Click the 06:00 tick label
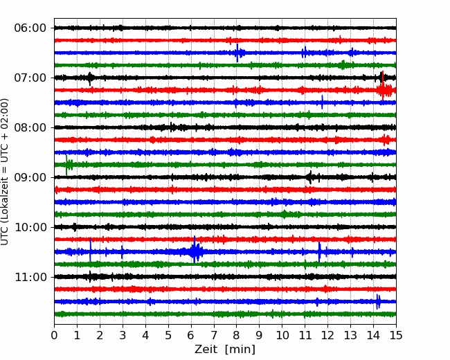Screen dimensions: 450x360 [x=30, y=28]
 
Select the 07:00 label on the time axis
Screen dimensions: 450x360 [x=30, y=78]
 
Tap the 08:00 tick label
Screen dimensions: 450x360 [x=30, y=128]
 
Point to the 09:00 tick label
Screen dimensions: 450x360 [x=30, y=177]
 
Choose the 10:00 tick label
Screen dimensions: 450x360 [x=30, y=227]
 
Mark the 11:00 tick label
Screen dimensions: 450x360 [x=30, y=278]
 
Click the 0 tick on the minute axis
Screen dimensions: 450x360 [x=54, y=335]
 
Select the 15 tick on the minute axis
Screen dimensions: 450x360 [x=396, y=335]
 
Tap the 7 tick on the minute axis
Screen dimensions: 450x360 [x=214, y=335]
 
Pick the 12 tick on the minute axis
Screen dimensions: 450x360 [x=327, y=335]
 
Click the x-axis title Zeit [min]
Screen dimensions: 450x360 [x=225, y=350]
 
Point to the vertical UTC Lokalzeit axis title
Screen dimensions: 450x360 [x=5, y=172]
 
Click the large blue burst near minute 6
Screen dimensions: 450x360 [x=195, y=250]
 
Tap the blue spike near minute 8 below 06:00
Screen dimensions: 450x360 [x=237, y=53]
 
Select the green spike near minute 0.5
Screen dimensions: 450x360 [x=67, y=165]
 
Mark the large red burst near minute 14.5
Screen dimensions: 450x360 [x=383, y=89]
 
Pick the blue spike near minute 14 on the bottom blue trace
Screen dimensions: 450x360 [x=378, y=301]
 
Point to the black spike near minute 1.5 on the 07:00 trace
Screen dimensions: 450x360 [x=90, y=79]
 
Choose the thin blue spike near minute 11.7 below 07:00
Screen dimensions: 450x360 [x=322, y=102]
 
